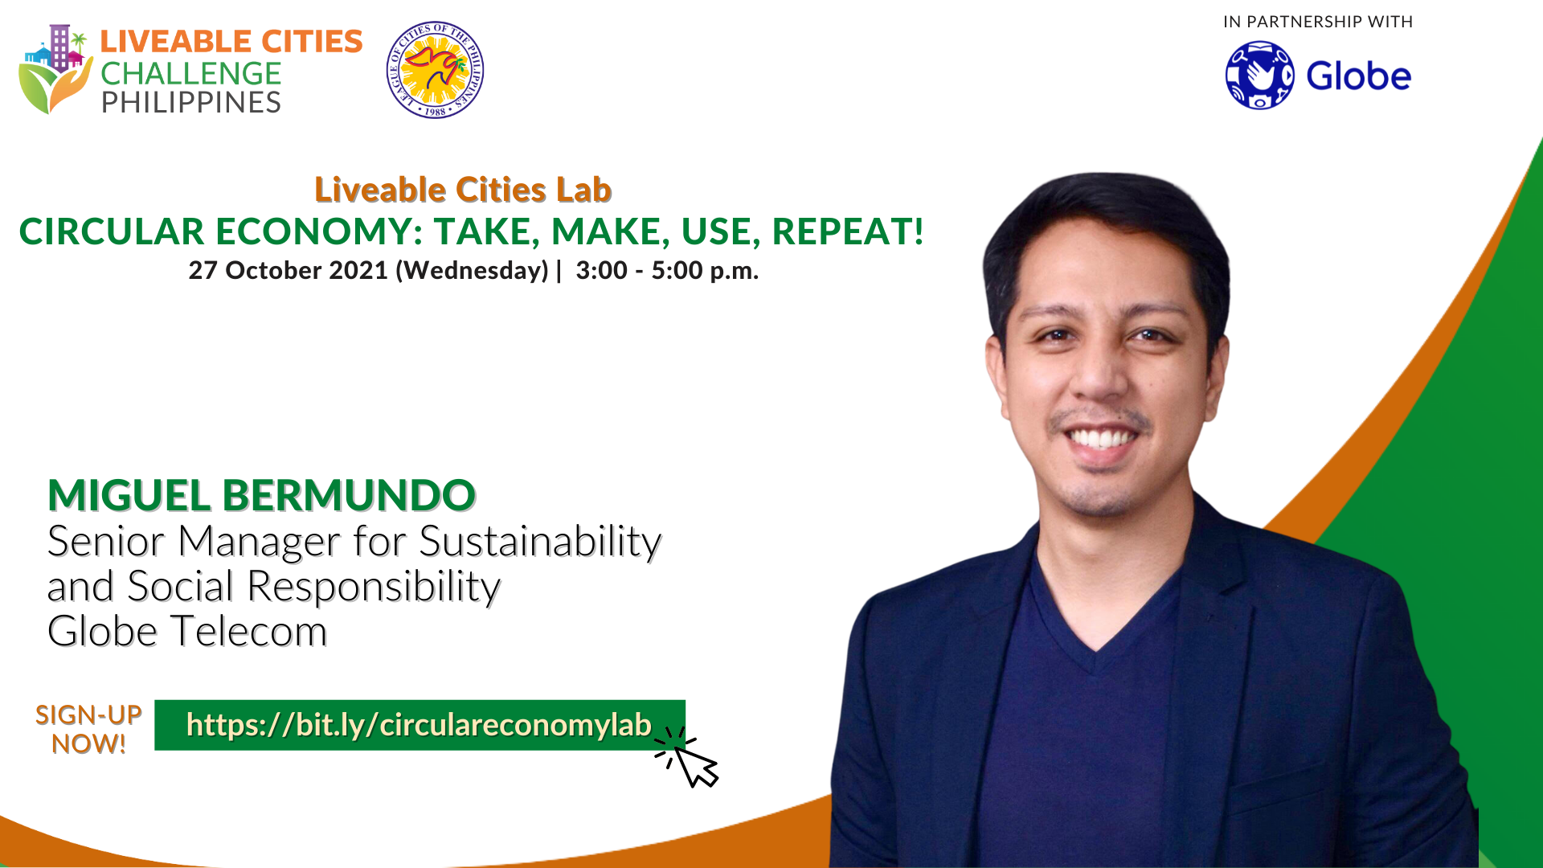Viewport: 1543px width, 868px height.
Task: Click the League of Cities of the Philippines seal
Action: [x=435, y=70]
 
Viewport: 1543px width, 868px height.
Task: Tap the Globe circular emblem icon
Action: [x=1259, y=76]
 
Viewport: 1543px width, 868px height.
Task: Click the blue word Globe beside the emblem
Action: [x=1358, y=76]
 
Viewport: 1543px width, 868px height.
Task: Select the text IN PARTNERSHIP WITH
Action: [x=1318, y=22]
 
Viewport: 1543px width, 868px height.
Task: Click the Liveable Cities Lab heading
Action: [x=463, y=190]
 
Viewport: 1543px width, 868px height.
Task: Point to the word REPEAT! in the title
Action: [x=848, y=231]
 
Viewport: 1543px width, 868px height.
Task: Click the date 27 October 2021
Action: [x=289, y=270]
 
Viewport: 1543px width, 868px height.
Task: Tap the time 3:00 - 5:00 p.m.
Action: [x=667, y=270]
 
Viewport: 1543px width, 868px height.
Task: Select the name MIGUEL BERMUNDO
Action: [x=262, y=495]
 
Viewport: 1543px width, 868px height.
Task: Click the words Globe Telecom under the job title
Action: [x=187, y=631]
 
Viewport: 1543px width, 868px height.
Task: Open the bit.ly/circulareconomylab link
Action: [x=419, y=725]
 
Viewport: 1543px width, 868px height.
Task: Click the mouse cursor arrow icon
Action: [x=688, y=757]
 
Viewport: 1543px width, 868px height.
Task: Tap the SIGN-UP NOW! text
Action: [x=88, y=730]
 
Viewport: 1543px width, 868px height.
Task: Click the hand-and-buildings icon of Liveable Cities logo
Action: [x=55, y=69]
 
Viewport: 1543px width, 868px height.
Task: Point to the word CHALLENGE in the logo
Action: [x=190, y=74]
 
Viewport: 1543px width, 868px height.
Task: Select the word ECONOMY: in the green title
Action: [x=320, y=231]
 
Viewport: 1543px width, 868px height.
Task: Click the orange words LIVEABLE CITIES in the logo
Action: [x=231, y=42]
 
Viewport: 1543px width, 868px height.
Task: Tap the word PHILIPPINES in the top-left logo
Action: [x=190, y=103]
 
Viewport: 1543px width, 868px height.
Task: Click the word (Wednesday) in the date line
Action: [x=472, y=271]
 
